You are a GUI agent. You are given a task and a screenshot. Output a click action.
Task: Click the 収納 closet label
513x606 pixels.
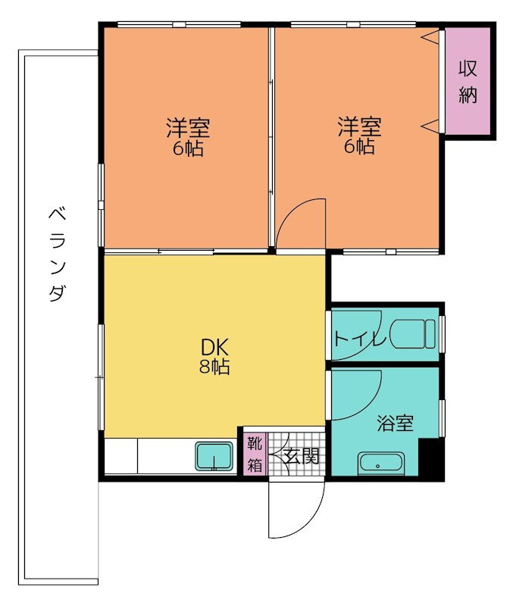(x=468, y=82)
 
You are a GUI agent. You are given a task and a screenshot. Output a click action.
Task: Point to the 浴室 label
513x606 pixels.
(x=396, y=423)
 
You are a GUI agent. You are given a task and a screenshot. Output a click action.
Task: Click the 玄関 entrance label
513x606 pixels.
(x=301, y=456)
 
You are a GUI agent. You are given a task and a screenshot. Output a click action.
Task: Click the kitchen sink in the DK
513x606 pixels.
(x=215, y=458)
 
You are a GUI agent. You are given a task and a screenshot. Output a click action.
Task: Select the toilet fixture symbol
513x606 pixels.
(x=417, y=333)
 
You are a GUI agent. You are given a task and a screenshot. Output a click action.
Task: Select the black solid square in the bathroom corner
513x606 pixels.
(x=430, y=459)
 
